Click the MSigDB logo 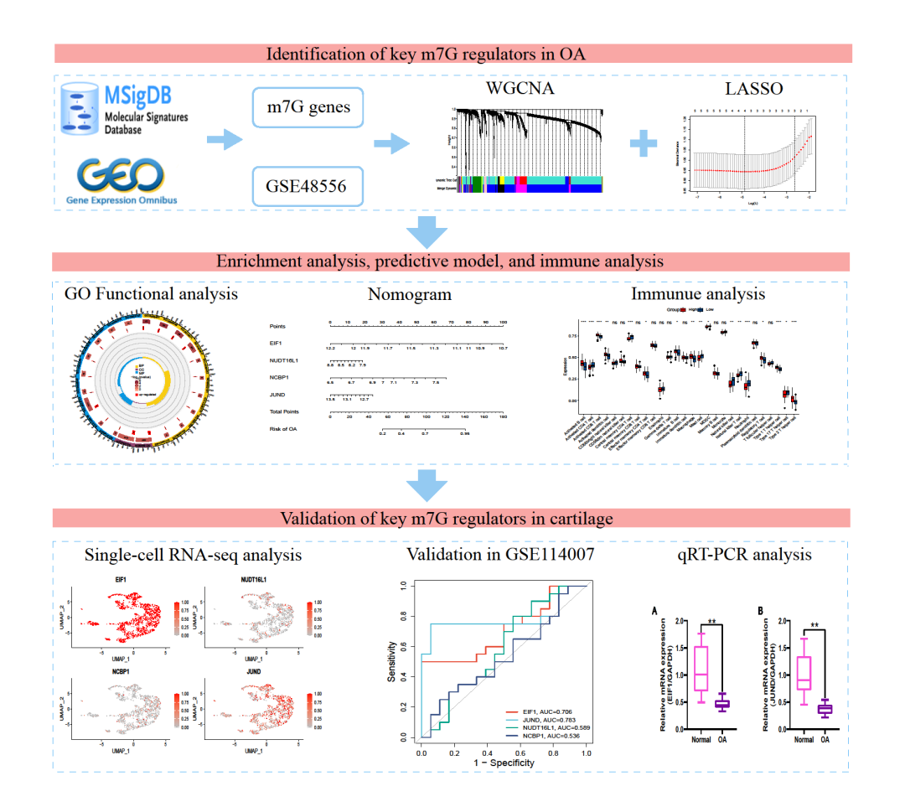click(x=126, y=108)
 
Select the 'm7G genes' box click(x=308, y=107)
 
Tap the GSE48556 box click(x=308, y=186)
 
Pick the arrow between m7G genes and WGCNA click(x=393, y=143)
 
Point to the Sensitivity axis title click(x=392, y=659)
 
